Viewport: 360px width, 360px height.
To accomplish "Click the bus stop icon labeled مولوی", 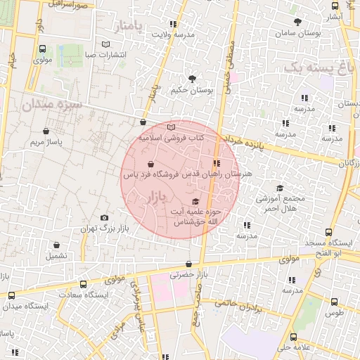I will coord(44,49).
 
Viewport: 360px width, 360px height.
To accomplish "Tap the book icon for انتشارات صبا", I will coord(106,44).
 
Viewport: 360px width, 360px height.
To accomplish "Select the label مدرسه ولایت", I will coord(172,34).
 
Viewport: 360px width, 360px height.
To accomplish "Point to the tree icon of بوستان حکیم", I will coord(192,78).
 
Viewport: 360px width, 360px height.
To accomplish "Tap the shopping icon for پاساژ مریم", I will coord(46,130).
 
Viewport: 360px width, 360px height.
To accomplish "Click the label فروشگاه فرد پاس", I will coord(151,173).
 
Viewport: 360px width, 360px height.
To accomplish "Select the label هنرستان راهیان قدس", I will coord(221,173).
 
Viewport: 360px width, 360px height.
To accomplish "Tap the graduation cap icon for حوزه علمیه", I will coord(195,203).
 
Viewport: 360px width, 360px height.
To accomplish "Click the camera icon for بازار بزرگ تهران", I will coord(105,218).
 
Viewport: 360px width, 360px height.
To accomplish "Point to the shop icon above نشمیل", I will coord(57,245).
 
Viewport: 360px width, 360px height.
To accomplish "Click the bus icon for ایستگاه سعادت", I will coord(83,285).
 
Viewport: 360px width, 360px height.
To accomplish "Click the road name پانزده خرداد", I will coord(244,143).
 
